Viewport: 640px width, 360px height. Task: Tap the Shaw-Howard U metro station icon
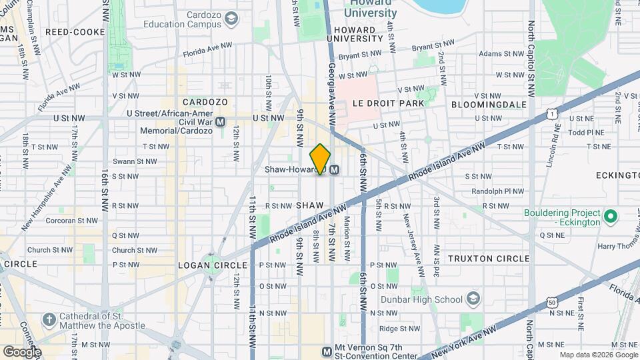click(x=335, y=170)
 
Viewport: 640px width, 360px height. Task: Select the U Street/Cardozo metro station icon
click(x=221, y=122)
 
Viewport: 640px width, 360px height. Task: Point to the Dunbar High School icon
click(x=473, y=297)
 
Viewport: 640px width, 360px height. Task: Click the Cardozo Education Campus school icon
click(x=231, y=19)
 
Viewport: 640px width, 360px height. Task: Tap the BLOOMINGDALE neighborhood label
click(x=489, y=105)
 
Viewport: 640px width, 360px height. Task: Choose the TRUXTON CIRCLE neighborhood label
click(x=489, y=259)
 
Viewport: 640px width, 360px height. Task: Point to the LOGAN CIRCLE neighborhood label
click(x=213, y=265)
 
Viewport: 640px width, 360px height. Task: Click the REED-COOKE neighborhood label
click(x=75, y=32)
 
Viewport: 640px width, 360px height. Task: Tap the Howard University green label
click(x=370, y=9)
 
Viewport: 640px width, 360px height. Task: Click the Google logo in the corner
click(x=21, y=351)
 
